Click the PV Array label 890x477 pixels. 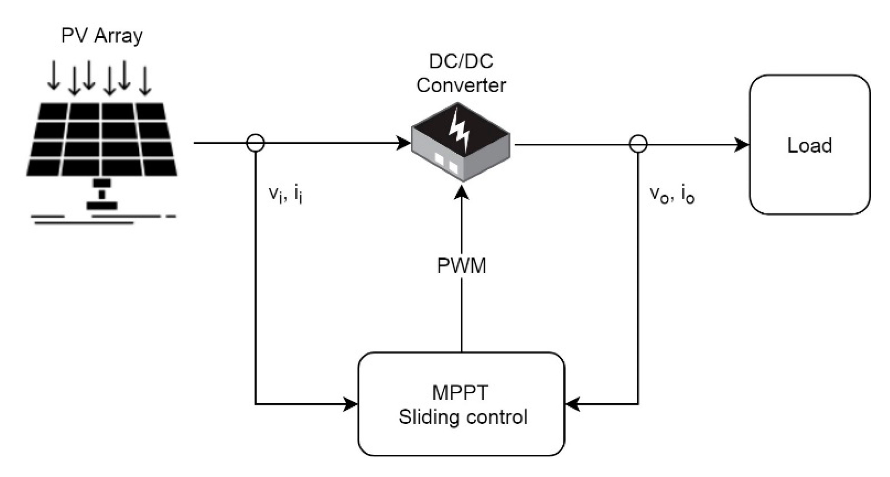point(102,36)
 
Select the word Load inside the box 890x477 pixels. point(810,145)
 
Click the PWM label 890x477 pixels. point(461,265)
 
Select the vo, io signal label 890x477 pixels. point(672,195)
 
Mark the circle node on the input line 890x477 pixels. point(255,143)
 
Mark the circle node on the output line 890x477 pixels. point(638,143)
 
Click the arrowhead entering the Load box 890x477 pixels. point(741,145)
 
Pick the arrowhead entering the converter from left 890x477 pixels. point(403,143)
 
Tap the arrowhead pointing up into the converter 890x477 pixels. point(461,193)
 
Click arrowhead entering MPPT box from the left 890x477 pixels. point(350,404)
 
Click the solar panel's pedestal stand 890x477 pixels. point(102,195)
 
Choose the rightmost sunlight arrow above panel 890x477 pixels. point(145,81)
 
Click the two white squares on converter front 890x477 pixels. point(446,163)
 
